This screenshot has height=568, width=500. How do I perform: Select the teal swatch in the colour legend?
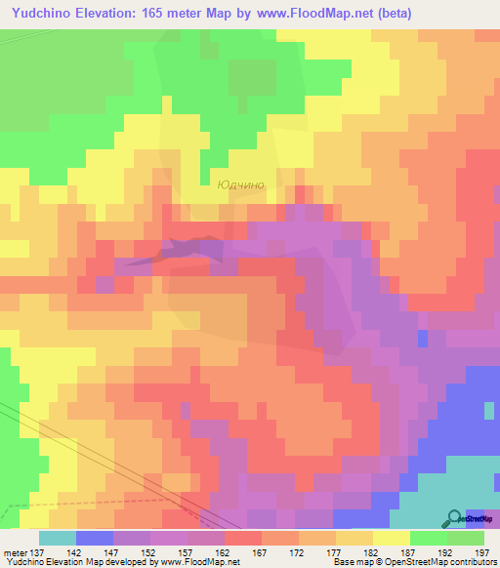(58, 538)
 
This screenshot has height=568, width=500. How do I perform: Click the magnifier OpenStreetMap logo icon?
(455, 518)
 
